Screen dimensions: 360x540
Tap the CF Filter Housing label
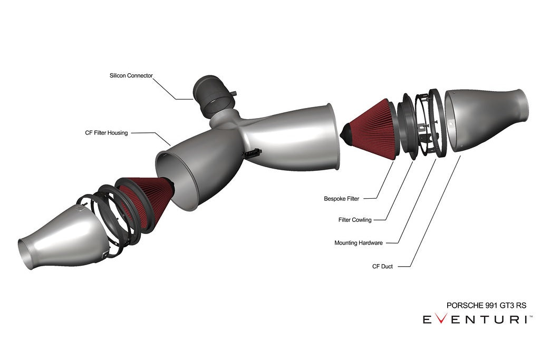(x=106, y=133)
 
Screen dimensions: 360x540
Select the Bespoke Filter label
(x=341, y=199)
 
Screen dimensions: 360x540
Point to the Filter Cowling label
(x=354, y=220)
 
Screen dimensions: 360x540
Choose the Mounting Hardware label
(x=358, y=243)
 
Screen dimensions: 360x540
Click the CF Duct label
(x=382, y=266)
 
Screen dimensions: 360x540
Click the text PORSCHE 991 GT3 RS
(x=486, y=305)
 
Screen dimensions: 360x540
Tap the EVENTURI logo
(x=477, y=320)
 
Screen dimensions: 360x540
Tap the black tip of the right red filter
(x=348, y=129)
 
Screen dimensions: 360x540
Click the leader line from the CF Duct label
(x=432, y=211)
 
